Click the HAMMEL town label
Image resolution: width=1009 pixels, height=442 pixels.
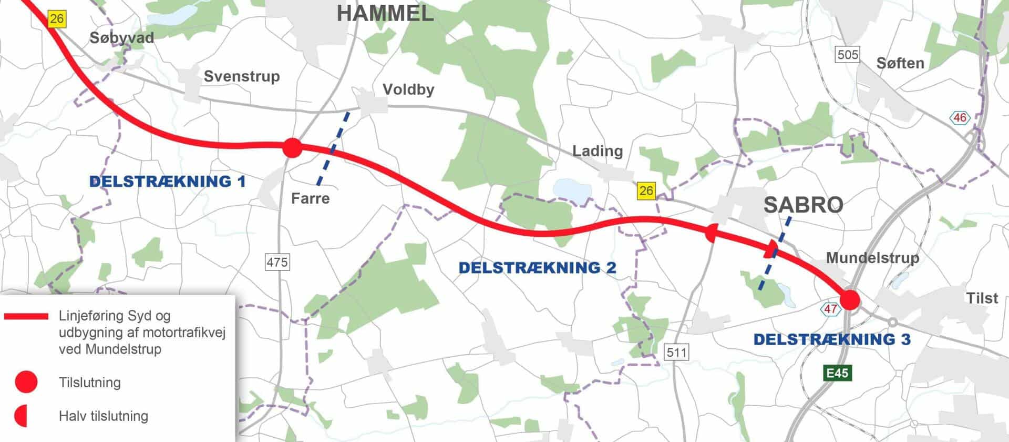click(385, 14)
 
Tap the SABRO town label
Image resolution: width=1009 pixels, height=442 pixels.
click(803, 205)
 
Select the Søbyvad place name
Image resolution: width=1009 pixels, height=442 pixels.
click(121, 38)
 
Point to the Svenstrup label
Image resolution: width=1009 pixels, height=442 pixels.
click(242, 76)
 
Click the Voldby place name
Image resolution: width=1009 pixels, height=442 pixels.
click(408, 89)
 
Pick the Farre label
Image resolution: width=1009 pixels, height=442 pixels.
click(311, 198)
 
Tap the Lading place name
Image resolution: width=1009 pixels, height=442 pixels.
click(598, 151)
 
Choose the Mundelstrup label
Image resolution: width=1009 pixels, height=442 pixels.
click(872, 258)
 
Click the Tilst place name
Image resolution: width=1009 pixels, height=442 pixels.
click(982, 298)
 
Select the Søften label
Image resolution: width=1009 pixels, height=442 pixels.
click(900, 63)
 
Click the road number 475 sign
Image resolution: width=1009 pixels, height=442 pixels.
click(277, 262)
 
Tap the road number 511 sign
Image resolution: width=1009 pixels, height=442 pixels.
click(676, 351)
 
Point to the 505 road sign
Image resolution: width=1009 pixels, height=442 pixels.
click(848, 54)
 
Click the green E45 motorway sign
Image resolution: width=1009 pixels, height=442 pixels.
click(837, 373)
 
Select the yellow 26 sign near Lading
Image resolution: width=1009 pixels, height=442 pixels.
click(646, 190)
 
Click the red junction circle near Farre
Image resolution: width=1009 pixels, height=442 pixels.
click(292, 148)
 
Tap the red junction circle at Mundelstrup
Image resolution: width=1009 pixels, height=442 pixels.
click(850, 300)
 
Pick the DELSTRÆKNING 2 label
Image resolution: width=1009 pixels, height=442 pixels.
click(537, 268)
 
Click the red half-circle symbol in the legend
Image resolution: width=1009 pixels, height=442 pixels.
click(22, 416)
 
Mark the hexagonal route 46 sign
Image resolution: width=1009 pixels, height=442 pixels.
click(960, 118)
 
